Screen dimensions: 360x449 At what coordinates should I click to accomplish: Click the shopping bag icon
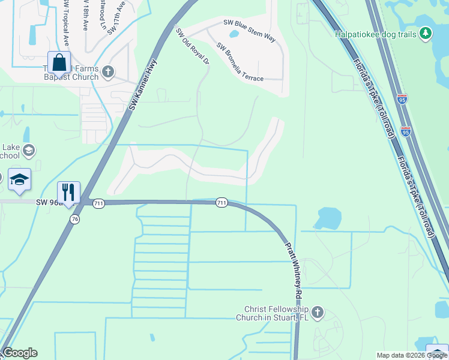coord(59,63)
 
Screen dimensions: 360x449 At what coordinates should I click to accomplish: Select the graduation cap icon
coord(19,179)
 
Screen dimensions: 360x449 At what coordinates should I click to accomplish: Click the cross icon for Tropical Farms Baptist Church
coord(108,72)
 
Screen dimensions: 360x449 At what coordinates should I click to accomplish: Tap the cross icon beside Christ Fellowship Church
coord(318,312)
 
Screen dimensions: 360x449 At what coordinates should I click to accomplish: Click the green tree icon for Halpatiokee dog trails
coord(426,32)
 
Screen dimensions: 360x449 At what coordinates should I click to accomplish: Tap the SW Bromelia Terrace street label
coord(240,62)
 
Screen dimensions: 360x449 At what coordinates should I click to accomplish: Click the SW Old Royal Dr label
coord(192,46)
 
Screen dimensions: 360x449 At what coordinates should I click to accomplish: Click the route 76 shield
coord(74,219)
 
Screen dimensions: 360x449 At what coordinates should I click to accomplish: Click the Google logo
coord(20,353)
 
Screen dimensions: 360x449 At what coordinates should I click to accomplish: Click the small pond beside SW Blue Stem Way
coord(233,34)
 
